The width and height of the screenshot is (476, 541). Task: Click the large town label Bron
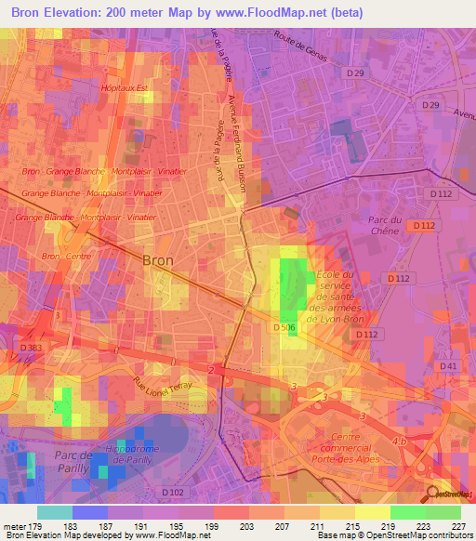click(x=158, y=261)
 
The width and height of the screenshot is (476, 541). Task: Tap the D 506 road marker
click(x=284, y=327)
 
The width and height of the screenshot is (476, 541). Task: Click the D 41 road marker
click(x=449, y=366)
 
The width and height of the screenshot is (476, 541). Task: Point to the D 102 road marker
click(x=173, y=492)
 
